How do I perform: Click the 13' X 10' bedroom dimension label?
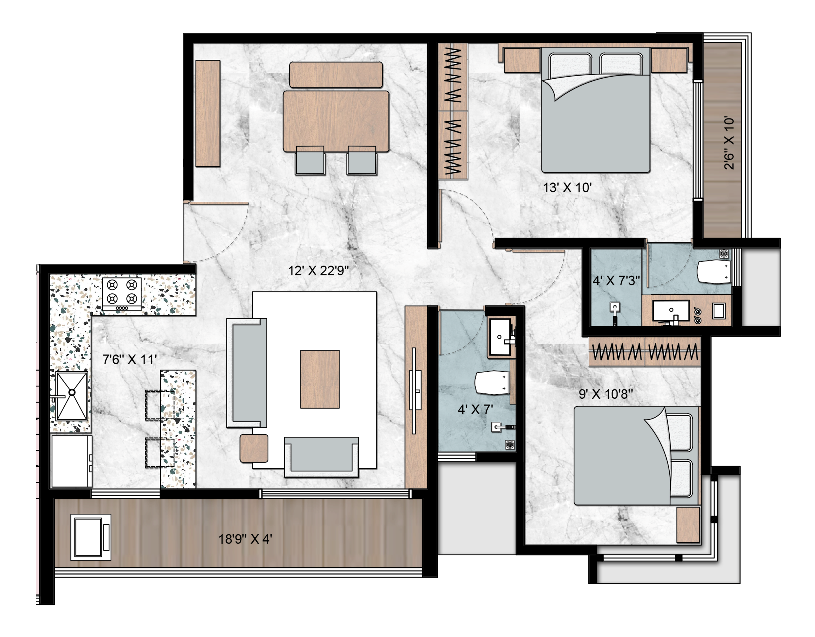567,187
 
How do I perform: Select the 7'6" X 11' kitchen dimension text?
129,359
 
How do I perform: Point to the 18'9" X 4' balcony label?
245,539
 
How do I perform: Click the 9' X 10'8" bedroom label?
606,394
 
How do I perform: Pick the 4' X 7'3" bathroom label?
616,280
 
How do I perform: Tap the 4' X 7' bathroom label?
475,410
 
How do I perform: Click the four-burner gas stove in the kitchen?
122,294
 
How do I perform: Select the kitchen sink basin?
72,396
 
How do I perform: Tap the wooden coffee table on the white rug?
320,379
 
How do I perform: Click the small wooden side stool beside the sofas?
254,448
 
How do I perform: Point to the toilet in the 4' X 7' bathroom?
492,383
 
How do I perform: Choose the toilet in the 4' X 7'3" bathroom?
714,271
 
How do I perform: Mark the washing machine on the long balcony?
91,537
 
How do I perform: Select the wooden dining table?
336,121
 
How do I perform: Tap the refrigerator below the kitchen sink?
72,461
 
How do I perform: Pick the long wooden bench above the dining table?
336,75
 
